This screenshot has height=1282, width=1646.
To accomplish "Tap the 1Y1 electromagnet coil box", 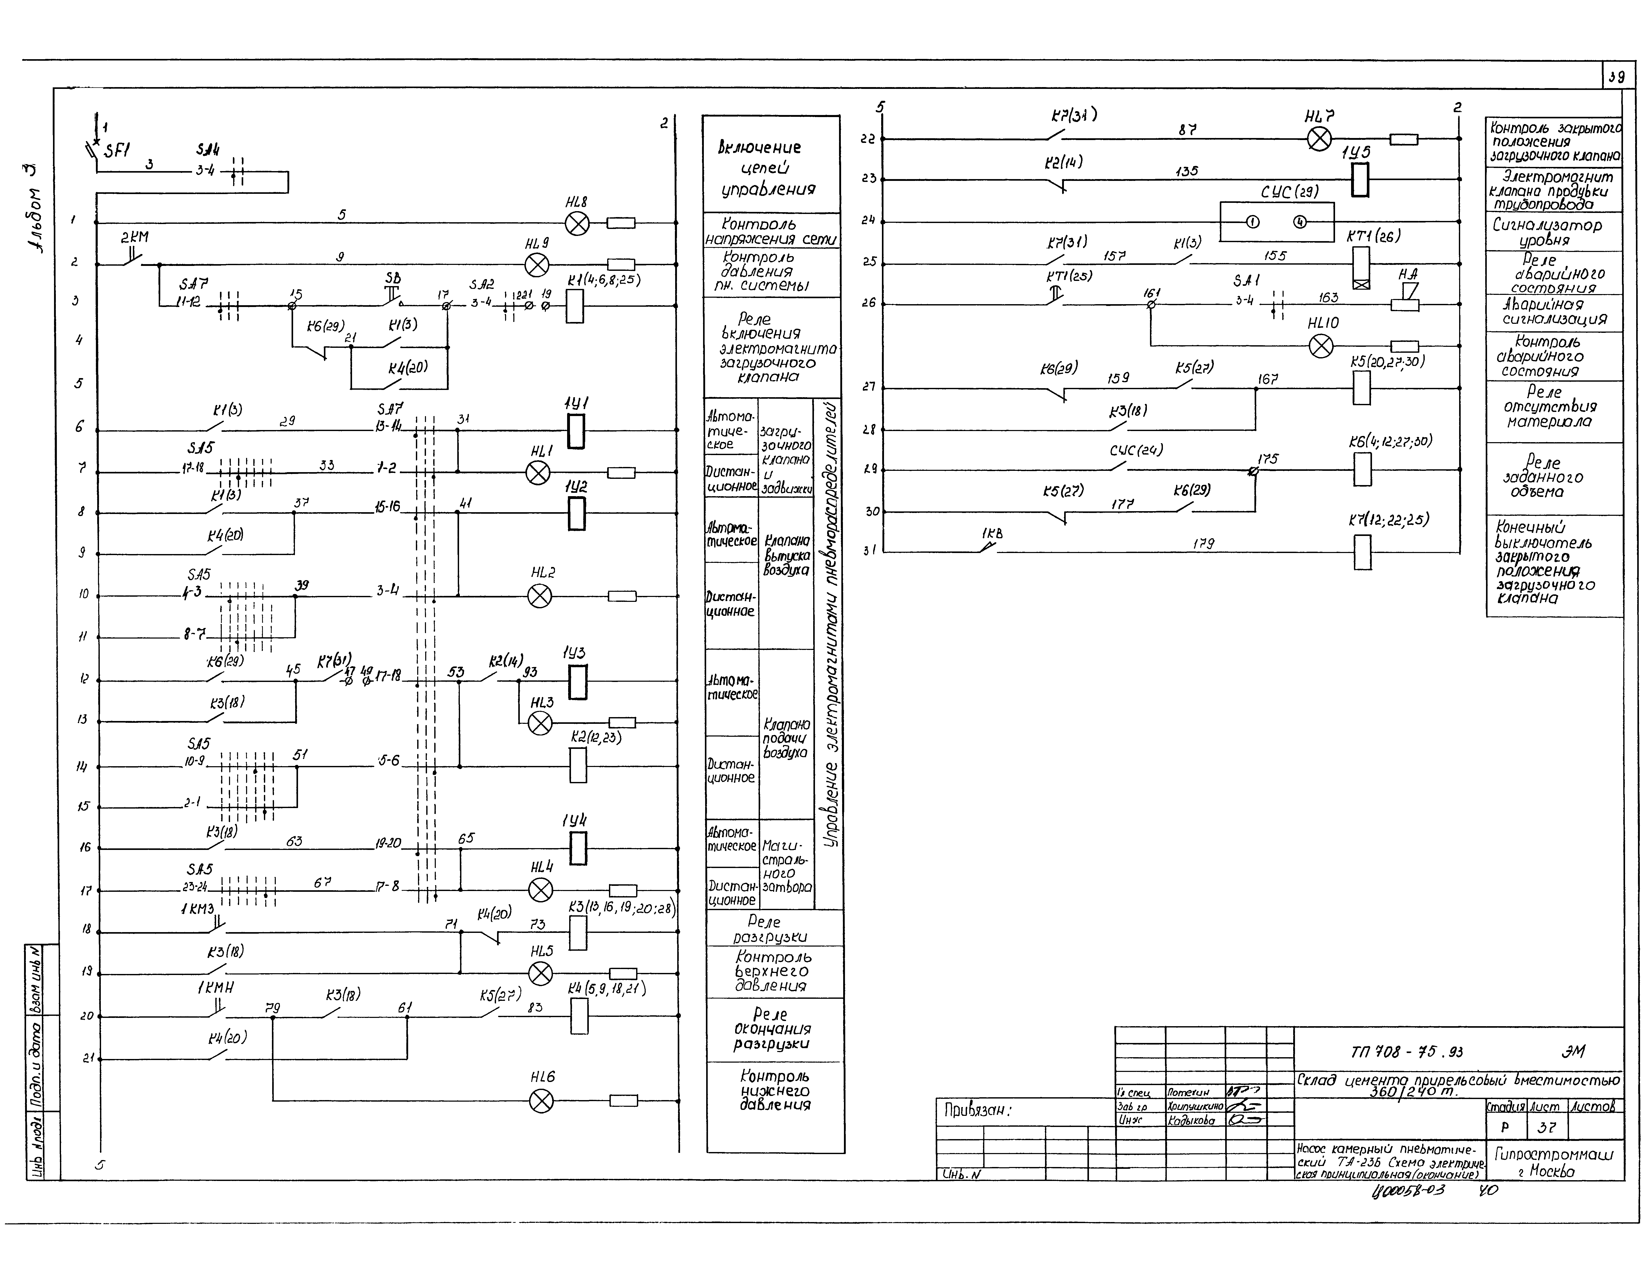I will coord(576,432).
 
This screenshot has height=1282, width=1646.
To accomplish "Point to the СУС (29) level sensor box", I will coord(1277,221).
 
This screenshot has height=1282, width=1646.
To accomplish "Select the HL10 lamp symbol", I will coord(1320,346).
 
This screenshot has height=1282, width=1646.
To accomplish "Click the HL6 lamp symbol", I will coord(541,1101).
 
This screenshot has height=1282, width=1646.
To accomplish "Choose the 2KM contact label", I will coord(135,237).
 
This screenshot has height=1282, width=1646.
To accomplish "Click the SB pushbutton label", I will coord(393,279).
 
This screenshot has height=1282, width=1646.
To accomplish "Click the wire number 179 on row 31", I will coord(1203,543).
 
